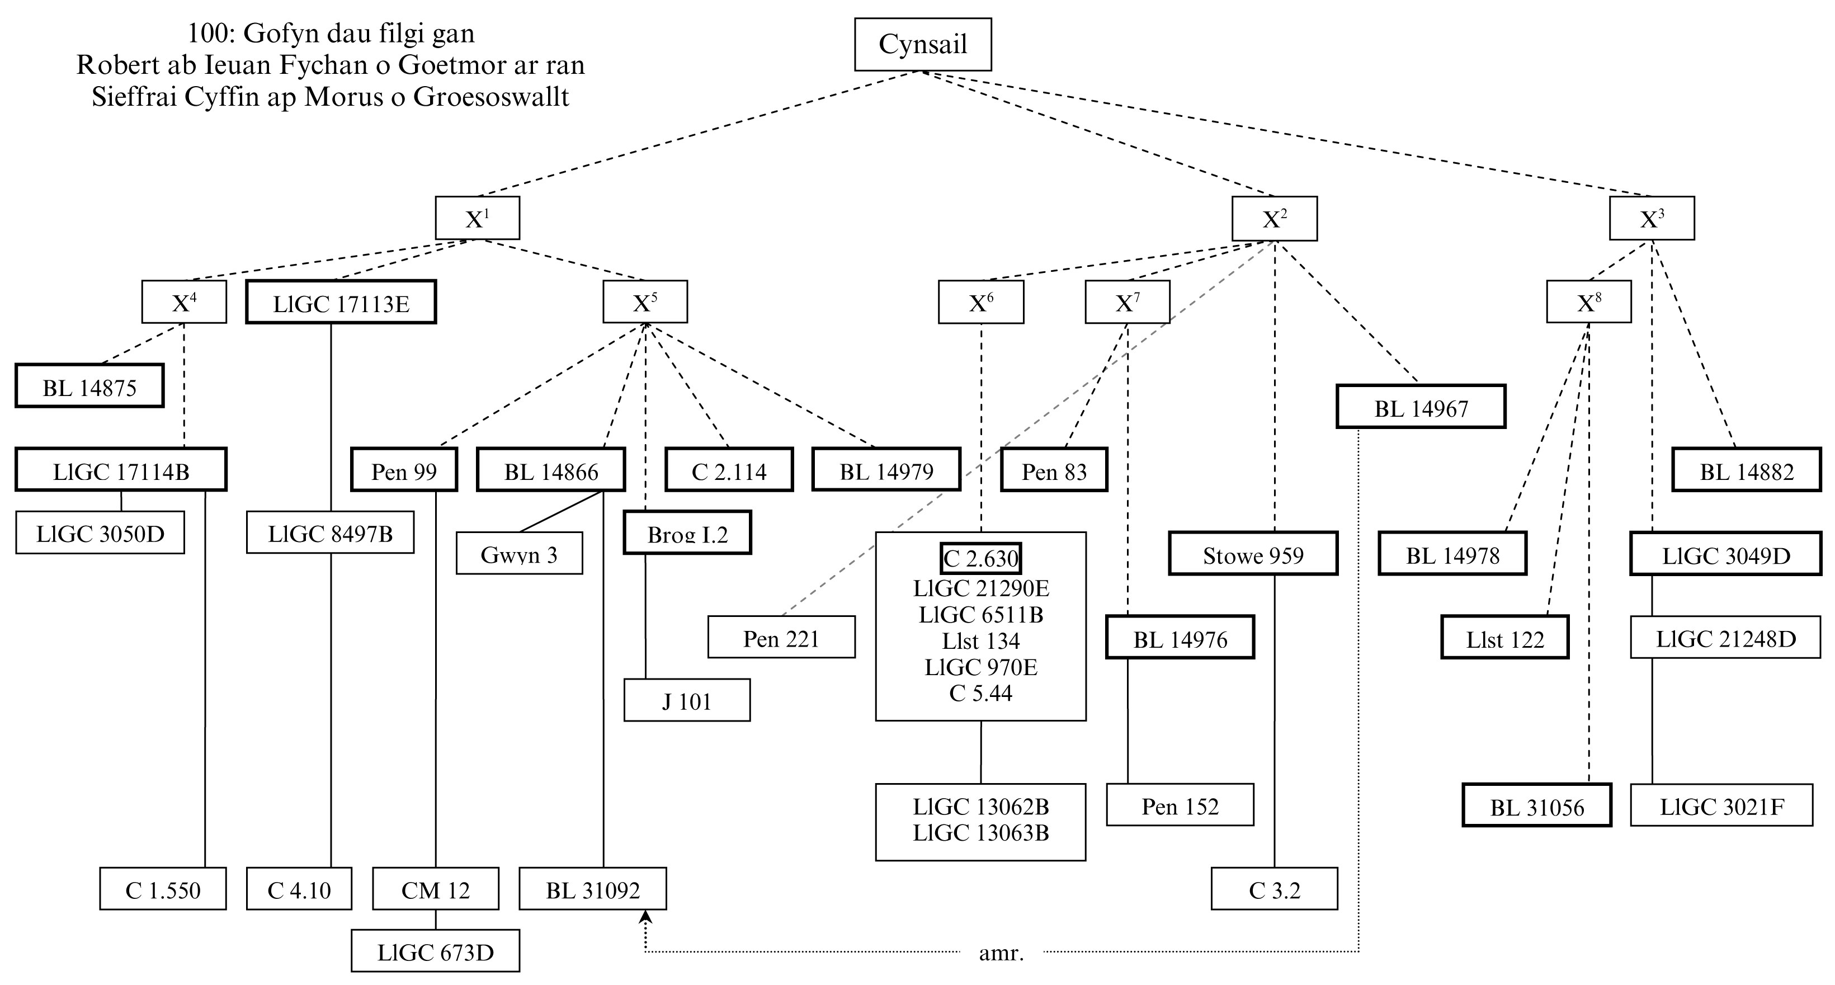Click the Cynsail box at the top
[922, 44]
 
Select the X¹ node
[477, 218]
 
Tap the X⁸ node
[1588, 303]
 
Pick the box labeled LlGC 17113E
[341, 303]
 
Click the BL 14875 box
[89, 387]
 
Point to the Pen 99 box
[404, 470]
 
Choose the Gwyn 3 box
[520, 553]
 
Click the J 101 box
[687, 701]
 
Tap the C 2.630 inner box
[981, 558]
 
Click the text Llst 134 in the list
[981, 641]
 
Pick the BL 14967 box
[1421, 407]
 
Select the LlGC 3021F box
[1721, 805]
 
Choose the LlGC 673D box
[435, 951]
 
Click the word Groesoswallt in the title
[492, 97]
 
